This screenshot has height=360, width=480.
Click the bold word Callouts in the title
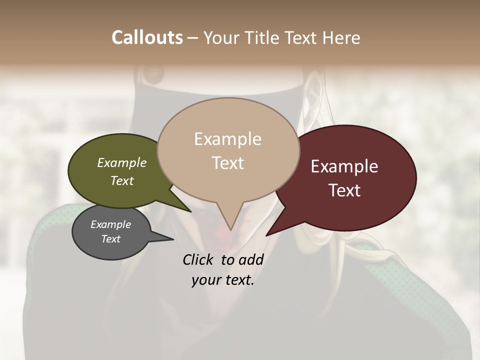pyautogui.click(x=147, y=37)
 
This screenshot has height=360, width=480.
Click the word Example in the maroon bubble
pyautogui.click(x=344, y=166)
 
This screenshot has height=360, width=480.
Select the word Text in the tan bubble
pyautogui.click(x=228, y=163)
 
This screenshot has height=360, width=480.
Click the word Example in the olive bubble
pyautogui.click(x=122, y=162)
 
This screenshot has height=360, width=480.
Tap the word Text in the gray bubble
pyautogui.click(x=111, y=239)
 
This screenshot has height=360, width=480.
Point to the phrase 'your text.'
pyautogui.click(x=223, y=280)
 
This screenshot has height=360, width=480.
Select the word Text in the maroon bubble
pyautogui.click(x=345, y=190)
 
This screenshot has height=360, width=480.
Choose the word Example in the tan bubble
pyautogui.click(x=227, y=139)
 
